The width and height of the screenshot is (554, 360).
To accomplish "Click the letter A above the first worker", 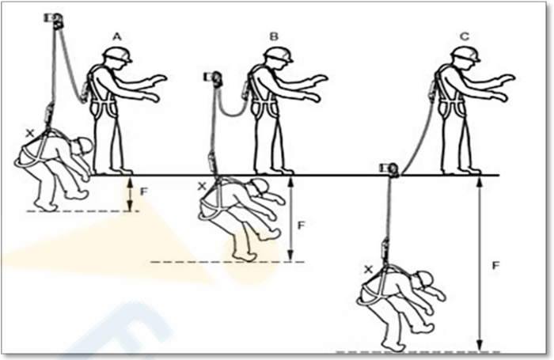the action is tap(117, 36).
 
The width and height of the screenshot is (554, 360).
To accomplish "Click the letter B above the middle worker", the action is tap(274, 36).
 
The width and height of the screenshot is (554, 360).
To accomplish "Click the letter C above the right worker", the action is tap(465, 36).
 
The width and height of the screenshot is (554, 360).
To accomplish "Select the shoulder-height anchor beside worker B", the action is tap(213, 78).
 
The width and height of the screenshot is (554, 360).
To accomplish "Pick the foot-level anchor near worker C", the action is tap(389, 169).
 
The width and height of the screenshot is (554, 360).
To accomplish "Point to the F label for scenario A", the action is tap(144, 191).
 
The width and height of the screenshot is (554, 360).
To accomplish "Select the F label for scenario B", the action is tap(301, 225).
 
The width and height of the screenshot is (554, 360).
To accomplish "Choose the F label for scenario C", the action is tap(495, 265).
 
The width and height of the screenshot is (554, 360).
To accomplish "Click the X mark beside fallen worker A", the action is tap(30, 134).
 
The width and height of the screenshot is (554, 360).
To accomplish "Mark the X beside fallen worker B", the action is tap(202, 187).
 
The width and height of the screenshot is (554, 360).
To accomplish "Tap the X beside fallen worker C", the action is tap(369, 270).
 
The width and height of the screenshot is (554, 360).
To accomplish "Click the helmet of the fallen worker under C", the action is tap(424, 279).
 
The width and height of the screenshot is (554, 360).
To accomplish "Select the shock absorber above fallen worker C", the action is tap(385, 249).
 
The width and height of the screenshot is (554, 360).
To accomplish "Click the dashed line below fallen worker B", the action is tap(227, 262).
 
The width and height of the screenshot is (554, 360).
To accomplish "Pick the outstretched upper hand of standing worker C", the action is tap(507, 79).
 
